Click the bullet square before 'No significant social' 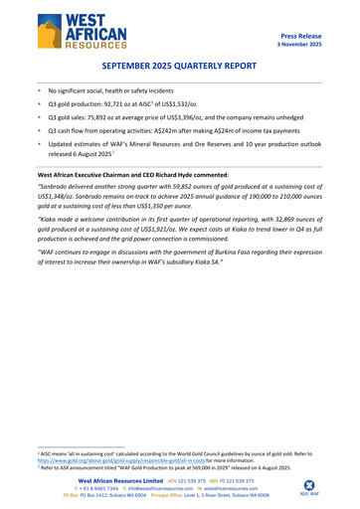(x=39, y=90)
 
